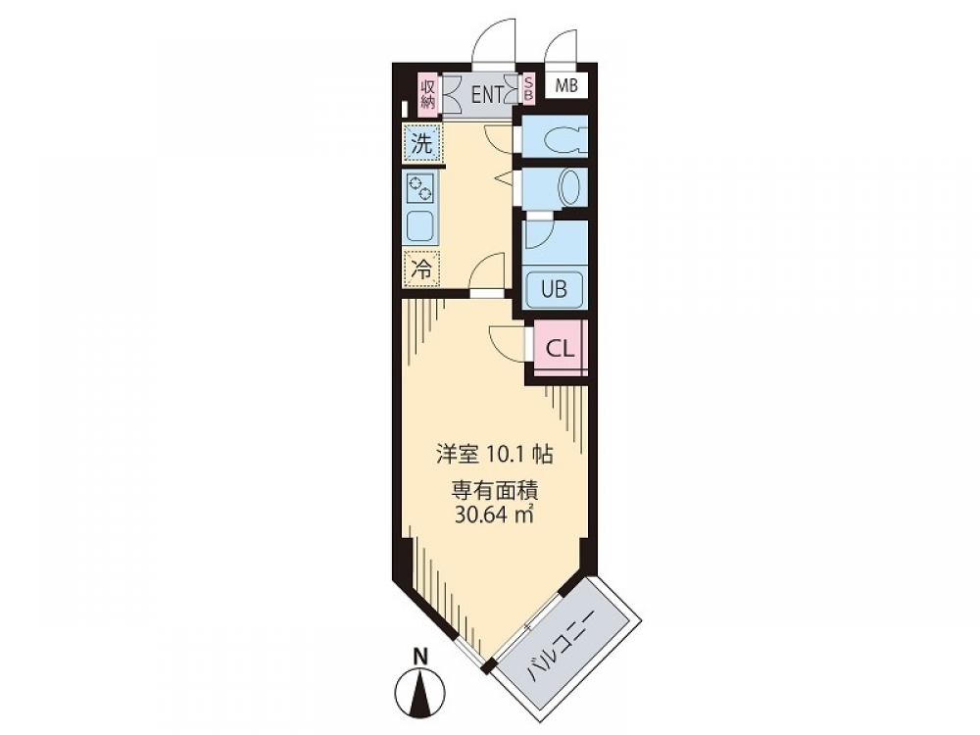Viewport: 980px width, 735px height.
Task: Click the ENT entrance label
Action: coord(487,94)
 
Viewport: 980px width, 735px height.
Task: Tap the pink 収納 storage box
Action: coord(428,94)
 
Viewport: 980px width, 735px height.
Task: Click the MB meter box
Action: coord(566,85)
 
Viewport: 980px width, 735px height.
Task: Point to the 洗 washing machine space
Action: coord(421,144)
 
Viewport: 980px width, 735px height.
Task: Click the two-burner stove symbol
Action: coord(420,187)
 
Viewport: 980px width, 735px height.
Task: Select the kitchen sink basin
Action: coord(420,227)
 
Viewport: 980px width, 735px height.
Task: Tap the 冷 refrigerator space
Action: coord(421,269)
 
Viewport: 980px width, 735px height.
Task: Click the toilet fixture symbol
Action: coord(563,140)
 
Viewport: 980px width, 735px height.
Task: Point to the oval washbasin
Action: coord(569,187)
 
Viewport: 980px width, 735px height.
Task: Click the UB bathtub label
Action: coord(554,289)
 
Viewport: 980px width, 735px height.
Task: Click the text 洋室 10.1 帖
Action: coord(494,455)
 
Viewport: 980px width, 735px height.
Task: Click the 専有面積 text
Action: coord(494,492)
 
